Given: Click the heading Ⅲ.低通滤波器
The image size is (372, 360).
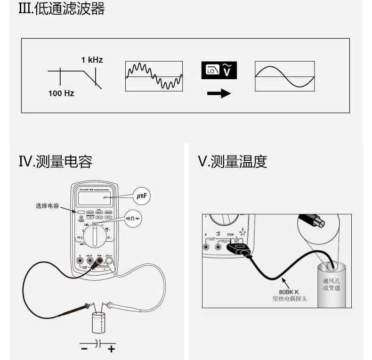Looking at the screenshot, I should pos(61,8).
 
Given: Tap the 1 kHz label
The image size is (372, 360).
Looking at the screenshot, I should pos(91,60).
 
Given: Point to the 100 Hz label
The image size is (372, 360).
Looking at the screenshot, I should pos(61,93).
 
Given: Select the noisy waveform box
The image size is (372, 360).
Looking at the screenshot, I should pos(154,75).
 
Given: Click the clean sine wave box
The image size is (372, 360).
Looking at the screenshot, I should pos(285,75).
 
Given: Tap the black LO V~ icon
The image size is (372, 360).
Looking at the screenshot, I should pos(218,70).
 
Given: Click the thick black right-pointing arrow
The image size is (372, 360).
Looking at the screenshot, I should pos(219,93).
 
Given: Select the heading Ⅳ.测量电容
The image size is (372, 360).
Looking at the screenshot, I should pos(55,162).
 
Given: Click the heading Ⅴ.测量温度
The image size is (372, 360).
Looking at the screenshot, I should pos(233,162).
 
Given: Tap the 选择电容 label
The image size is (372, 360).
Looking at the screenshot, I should pos(46,206).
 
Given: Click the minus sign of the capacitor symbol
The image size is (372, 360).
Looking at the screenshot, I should pos(84,349).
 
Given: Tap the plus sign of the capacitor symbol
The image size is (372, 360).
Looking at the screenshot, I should pos(111,349).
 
